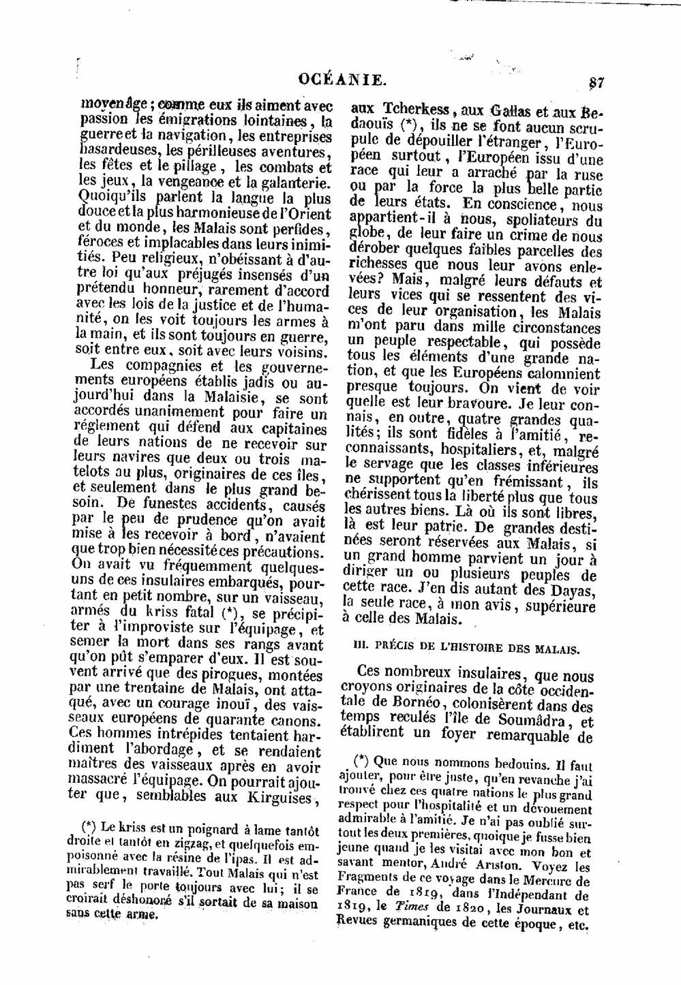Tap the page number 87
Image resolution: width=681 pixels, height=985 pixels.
pos(596,82)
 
